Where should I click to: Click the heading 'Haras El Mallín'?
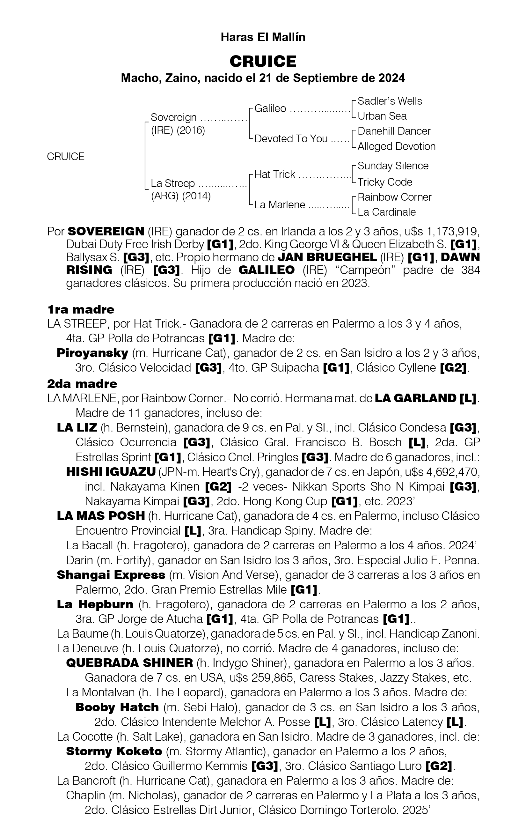[x=263, y=37]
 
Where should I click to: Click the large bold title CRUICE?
[x=263, y=62]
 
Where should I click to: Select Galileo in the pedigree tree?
[x=270, y=108]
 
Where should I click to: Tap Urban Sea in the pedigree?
[x=382, y=116]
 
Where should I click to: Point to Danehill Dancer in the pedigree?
[x=394, y=131]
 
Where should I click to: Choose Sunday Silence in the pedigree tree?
[x=393, y=166]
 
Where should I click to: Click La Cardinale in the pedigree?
[x=386, y=212]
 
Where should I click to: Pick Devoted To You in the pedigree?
[x=291, y=139]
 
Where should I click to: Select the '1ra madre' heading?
[x=81, y=309]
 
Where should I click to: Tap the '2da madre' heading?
[x=82, y=383]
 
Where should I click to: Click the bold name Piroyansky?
[x=92, y=353]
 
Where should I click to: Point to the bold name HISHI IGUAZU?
[x=111, y=472]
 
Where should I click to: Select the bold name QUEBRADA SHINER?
[x=129, y=663]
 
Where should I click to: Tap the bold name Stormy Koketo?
[x=114, y=751]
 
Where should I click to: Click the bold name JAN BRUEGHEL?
[x=327, y=257]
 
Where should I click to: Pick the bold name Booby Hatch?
[x=117, y=707]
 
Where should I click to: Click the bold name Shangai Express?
[x=111, y=575]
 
